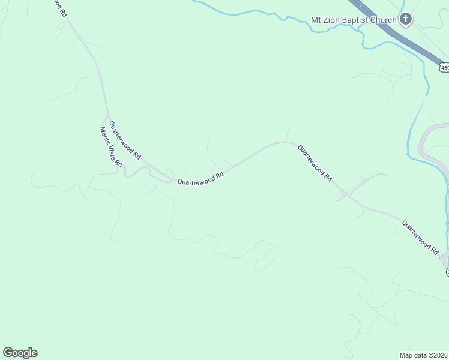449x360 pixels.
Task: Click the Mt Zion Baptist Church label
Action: point(354,20)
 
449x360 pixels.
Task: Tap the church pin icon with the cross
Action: point(406,20)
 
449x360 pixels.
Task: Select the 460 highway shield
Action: point(444,68)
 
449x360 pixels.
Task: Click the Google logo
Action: point(20,353)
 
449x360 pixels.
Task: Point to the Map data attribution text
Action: point(424,354)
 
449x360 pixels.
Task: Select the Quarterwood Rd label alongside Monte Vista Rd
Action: point(125,138)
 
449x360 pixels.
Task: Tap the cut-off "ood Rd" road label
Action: point(59,8)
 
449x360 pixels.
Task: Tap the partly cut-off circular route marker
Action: point(447,272)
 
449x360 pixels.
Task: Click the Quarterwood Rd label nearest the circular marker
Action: point(420,236)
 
